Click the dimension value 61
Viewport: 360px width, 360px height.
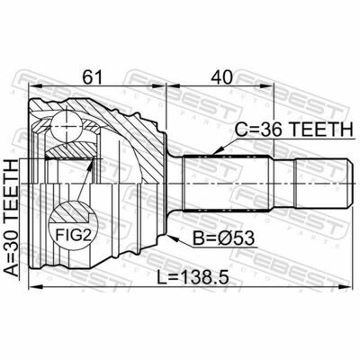click(x=93, y=77)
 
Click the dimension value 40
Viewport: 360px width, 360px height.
click(x=221, y=77)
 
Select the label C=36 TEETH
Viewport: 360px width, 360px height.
click(x=293, y=130)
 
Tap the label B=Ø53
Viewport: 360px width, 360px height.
click(x=223, y=238)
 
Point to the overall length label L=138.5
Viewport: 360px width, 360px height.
click(x=193, y=276)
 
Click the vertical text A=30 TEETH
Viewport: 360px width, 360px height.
click(x=12, y=218)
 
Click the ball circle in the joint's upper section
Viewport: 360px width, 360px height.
click(x=66, y=125)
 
